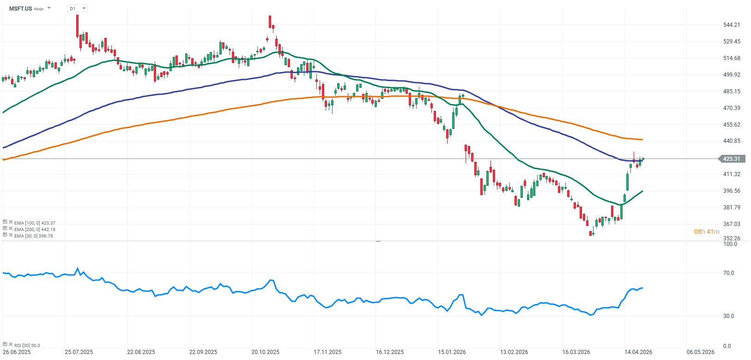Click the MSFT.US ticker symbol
(20, 8)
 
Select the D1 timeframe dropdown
(77, 8)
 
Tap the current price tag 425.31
(731, 159)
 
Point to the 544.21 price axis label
(732, 25)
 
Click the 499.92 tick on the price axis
(732, 75)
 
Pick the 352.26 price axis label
(732, 238)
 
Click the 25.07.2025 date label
(79, 352)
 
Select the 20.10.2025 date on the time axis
(265, 352)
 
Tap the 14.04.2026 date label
(638, 352)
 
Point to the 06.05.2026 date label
(700, 352)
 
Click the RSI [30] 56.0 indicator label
(27, 345)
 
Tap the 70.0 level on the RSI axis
(729, 273)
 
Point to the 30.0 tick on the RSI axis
(729, 316)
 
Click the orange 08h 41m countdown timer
(707, 232)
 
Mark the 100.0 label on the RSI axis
(730, 244)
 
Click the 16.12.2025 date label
(389, 352)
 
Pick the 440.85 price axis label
(732, 141)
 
